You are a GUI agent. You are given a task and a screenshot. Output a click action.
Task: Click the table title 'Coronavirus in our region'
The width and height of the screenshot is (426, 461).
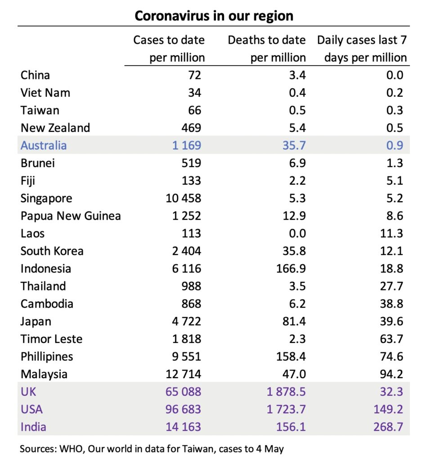click(x=214, y=16)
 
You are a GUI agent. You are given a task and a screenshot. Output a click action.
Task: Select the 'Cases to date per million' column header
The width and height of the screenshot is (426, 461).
click(x=169, y=49)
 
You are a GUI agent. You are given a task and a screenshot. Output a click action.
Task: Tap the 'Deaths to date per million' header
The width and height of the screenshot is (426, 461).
click(x=266, y=49)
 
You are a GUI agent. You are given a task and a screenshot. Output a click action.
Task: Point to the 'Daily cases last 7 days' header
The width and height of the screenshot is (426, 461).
click(x=362, y=49)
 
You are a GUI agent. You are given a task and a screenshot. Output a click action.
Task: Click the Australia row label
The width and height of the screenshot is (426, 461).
click(x=44, y=145)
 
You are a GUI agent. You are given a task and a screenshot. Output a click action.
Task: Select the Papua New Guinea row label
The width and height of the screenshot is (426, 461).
click(x=71, y=216)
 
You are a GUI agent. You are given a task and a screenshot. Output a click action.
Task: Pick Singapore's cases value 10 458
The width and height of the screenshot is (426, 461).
click(x=182, y=199)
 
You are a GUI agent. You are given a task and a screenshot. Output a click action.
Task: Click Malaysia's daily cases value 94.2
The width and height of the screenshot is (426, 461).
click(x=391, y=374)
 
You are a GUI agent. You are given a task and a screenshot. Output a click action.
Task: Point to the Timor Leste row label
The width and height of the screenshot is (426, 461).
click(x=52, y=339)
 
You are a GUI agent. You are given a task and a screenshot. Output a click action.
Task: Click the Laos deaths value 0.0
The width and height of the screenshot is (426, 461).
click(x=297, y=234)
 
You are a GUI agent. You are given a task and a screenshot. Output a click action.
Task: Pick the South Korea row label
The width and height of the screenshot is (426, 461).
click(x=52, y=251)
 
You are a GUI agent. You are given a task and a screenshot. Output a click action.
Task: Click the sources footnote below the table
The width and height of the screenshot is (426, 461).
click(x=152, y=448)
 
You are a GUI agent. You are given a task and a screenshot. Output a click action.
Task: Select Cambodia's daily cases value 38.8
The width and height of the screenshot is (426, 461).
click(x=391, y=304)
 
